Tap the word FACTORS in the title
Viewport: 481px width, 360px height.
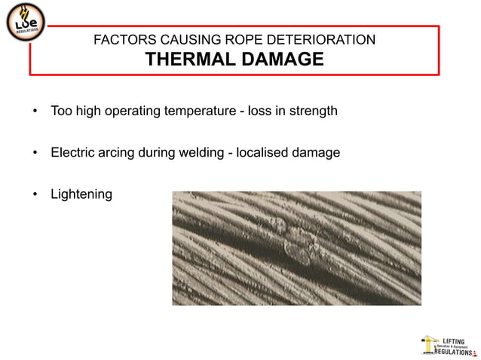[121, 40]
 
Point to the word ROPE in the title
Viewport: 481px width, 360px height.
[247, 40]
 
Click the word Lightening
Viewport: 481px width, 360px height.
[81, 194]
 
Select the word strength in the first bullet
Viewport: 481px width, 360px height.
[312, 111]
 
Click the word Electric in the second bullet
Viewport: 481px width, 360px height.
[73, 153]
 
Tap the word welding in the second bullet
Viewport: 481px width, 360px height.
[202, 153]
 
